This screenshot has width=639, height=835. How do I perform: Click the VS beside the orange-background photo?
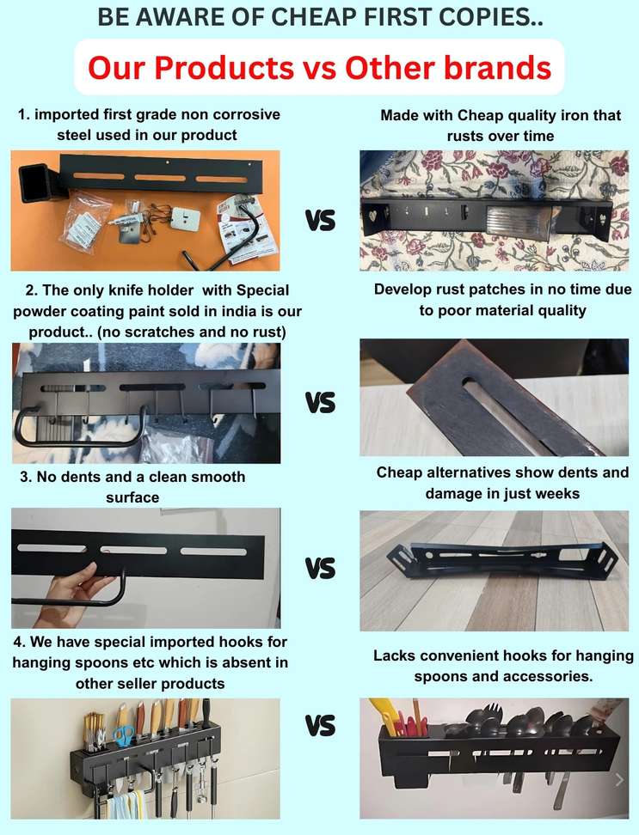click(320, 221)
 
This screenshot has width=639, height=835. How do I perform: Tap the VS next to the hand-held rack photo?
click(320, 568)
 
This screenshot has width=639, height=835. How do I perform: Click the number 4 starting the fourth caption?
click(18, 642)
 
